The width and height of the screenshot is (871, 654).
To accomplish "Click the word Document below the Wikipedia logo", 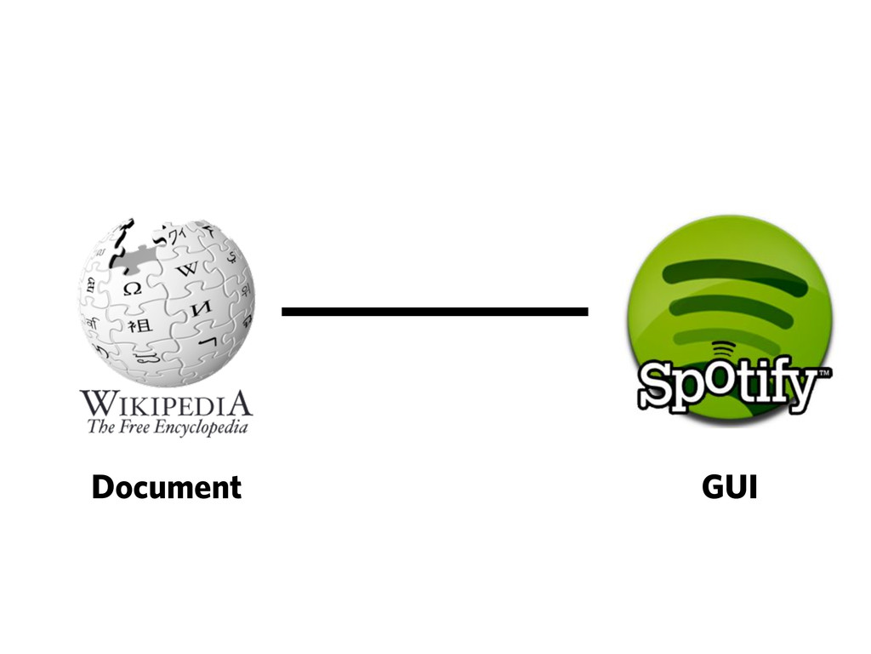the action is click(167, 488).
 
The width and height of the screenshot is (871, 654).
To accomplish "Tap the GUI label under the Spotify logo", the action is click(729, 488).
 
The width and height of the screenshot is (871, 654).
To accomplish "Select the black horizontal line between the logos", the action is click(435, 312).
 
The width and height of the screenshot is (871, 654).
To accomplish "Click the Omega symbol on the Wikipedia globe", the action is click(132, 288).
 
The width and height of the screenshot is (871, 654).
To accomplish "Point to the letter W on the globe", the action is click(186, 270).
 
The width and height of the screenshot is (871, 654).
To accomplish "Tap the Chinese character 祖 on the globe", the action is click(137, 325).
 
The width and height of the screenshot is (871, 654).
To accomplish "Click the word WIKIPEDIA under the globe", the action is click(167, 403).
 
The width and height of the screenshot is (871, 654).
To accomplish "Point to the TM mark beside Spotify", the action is click(823, 373).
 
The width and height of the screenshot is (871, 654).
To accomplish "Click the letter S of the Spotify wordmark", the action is click(658, 385).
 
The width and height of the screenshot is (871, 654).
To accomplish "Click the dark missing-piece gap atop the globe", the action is click(136, 247).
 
